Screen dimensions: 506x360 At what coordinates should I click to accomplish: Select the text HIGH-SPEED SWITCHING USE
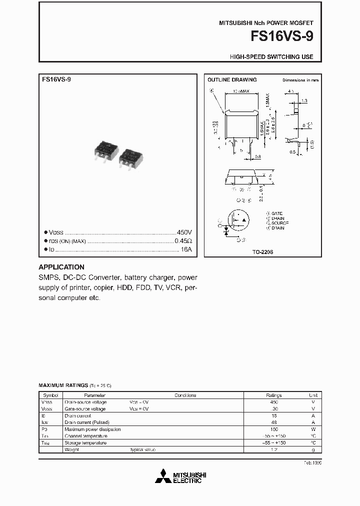(x=271, y=57)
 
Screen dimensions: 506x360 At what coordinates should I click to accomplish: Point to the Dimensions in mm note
(x=300, y=80)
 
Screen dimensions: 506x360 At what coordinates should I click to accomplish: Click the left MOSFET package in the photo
(x=106, y=150)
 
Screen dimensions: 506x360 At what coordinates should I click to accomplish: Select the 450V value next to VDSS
(x=184, y=233)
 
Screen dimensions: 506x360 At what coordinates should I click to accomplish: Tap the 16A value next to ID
(x=186, y=249)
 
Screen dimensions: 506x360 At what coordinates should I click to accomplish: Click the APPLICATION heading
(x=61, y=267)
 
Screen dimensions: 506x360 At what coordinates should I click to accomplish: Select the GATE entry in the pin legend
(x=276, y=213)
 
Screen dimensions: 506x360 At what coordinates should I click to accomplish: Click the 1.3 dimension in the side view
(x=304, y=100)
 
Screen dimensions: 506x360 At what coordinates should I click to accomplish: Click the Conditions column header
(x=185, y=395)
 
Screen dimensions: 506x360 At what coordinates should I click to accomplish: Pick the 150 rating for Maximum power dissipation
(x=273, y=429)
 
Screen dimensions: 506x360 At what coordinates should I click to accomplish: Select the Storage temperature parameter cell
(x=85, y=443)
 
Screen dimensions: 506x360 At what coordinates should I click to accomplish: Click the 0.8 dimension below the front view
(x=257, y=156)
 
